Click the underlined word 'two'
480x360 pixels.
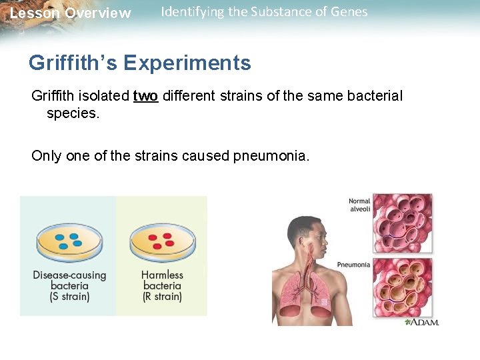pyautogui.click(x=145, y=96)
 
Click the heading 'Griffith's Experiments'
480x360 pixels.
pyautogui.click(x=139, y=63)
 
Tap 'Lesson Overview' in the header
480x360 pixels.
pyautogui.click(x=70, y=13)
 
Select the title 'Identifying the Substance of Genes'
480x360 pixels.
pyautogui.click(x=264, y=12)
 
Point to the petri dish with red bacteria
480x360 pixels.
pyautogui.click(x=162, y=242)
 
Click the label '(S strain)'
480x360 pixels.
pyautogui.click(x=69, y=297)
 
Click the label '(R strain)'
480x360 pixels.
pyautogui.click(x=162, y=297)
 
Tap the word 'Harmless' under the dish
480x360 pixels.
pyautogui.click(x=162, y=275)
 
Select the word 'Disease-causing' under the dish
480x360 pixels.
pyautogui.click(x=69, y=275)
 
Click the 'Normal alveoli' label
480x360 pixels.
pyautogui.click(x=359, y=205)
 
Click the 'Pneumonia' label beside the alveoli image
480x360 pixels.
pyautogui.click(x=353, y=265)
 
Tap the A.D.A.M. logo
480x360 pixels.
pyautogui.click(x=422, y=322)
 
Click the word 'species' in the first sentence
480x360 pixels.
pyautogui.click(x=72, y=113)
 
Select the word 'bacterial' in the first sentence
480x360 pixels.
pyautogui.click(x=374, y=96)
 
